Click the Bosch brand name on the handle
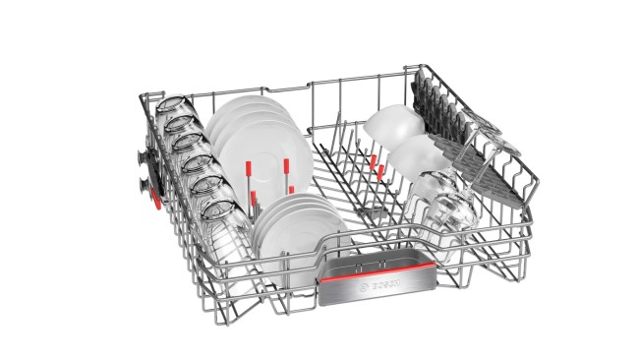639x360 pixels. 385,284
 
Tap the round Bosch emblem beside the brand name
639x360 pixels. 363,288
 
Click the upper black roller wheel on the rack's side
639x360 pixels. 145,157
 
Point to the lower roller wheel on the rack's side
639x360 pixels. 145,184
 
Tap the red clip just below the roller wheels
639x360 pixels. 156,199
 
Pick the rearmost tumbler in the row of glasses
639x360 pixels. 171,105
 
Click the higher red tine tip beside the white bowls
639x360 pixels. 373,161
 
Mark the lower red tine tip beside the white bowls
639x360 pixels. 380,172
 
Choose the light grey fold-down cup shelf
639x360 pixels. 477,167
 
